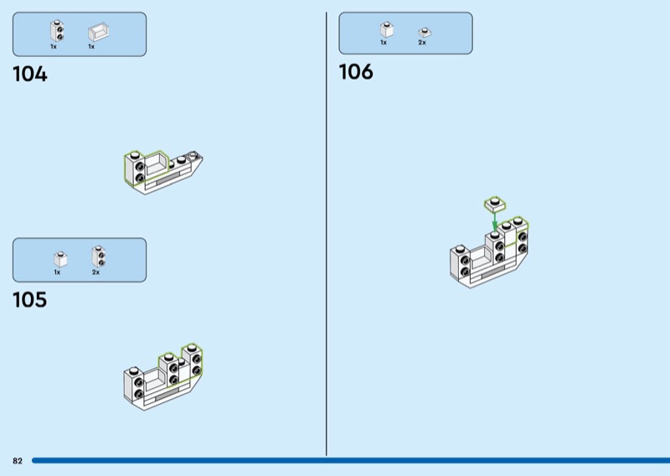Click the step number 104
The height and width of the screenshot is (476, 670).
[30, 74]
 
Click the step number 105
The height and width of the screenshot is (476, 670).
[30, 300]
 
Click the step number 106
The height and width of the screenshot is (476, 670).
[356, 72]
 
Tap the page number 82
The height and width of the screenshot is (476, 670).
[18, 461]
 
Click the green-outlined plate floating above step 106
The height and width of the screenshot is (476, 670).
[495, 204]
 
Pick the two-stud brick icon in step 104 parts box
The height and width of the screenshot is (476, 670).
[57, 31]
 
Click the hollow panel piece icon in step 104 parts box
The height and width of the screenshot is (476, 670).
[98, 32]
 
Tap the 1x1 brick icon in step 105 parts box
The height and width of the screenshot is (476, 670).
[60, 259]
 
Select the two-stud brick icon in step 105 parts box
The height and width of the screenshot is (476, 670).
[98, 256]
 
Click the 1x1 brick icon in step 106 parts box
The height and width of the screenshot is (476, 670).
[387, 29]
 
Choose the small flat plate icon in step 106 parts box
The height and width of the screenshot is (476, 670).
[425, 33]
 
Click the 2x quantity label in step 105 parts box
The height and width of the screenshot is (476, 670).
[95, 272]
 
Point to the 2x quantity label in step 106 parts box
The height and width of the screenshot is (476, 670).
[422, 43]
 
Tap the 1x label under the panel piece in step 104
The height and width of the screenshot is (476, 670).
[91, 47]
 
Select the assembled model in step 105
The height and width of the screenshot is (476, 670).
[163, 376]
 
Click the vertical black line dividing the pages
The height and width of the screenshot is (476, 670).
[326, 234]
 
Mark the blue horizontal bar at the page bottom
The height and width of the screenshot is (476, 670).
[351, 461]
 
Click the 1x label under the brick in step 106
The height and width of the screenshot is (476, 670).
[384, 43]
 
